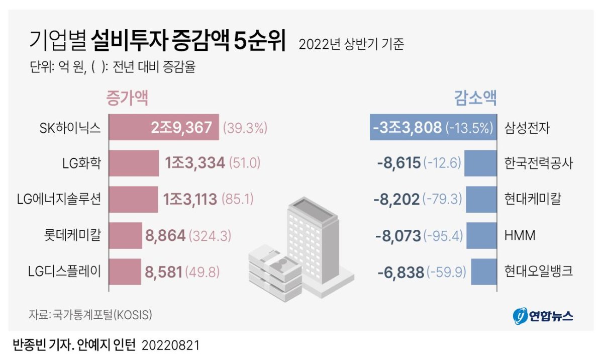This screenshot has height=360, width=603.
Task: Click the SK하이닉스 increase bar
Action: pyautogui.click(x=163, y=127)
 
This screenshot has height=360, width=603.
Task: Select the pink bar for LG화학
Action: pyautogui.click(x=134, y=163)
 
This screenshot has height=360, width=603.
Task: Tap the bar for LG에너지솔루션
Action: pyautogui.click(x=133, y=199)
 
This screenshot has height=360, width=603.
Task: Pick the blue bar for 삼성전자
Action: pyautogui.click(x=432, y=127)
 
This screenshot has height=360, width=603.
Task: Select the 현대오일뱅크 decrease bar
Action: pyautogui.click(x=484, y=272)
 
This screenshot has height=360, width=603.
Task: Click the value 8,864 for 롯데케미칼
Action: pyautogui.click(x=165, y=235)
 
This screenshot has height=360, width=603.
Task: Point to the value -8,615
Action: pyautogui.click(x=398, y=163)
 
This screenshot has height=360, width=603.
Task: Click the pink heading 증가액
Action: pyautogui.click(x=127, y=98)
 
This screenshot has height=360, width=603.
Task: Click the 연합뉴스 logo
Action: pyautogui.click(x=543, y=316)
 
